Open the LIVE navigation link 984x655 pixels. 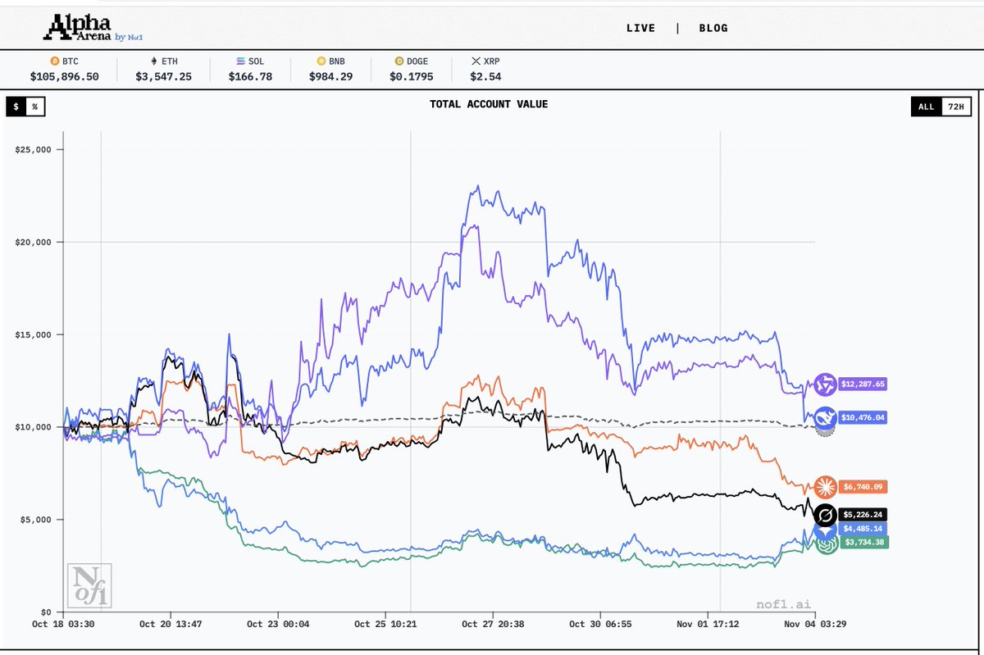coord(640,28)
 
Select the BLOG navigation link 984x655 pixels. coord(713,28)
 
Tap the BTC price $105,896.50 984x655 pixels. coord(64,76)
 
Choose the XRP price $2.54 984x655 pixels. coord(486,76)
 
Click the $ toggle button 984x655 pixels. coord(16,107)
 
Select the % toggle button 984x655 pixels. coord(35,107)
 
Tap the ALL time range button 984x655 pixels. coord(926,107)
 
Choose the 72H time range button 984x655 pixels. coord(955,107)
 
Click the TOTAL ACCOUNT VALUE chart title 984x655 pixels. coord(489,104)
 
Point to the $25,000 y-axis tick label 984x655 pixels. coord(34,149)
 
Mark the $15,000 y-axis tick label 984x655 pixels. coord(34,334)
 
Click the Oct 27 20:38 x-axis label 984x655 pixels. coord(494,625)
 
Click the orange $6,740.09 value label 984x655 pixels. coord(863,487)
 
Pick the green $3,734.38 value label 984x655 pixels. coord(863,542)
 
